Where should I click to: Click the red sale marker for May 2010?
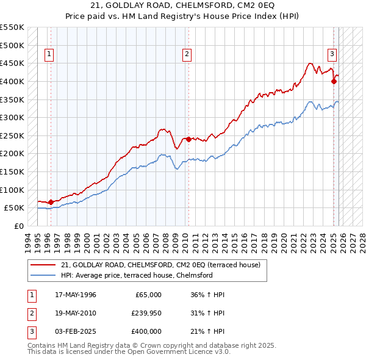click(x=188, y=139)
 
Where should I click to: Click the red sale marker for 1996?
click(x=50, y=202)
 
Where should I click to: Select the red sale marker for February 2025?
click(x=334, y=81)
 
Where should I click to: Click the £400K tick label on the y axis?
click(x=12, y=81)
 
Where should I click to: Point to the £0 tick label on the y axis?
click(x=19, y=226)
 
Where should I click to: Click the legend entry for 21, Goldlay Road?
click(x=161, y=265)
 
